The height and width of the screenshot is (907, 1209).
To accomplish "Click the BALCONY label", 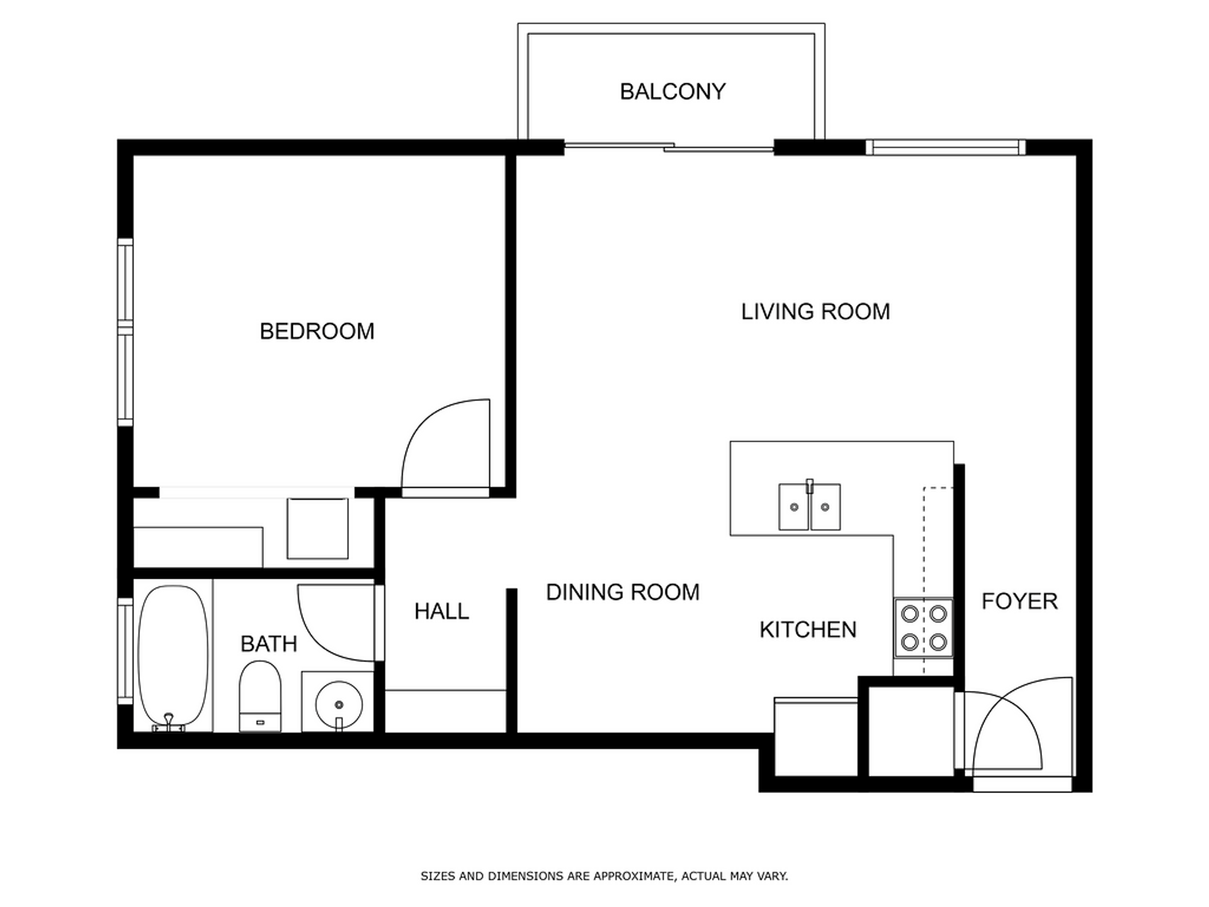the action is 673,92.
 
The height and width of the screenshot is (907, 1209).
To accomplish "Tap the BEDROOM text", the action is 317,331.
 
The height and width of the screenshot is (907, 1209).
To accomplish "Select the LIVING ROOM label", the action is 815,312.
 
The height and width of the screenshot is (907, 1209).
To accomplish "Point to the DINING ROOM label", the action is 623,592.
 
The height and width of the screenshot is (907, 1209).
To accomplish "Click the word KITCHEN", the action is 808,630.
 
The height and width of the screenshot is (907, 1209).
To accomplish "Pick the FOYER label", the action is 1019,602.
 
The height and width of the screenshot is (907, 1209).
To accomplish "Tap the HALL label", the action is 441,611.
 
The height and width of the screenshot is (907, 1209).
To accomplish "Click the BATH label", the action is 269,644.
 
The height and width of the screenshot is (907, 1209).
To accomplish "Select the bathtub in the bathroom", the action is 173,658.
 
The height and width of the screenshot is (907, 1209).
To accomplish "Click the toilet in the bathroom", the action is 260,696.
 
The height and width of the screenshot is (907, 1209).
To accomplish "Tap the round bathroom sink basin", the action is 339,704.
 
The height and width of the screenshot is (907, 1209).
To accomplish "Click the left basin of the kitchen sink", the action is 793,507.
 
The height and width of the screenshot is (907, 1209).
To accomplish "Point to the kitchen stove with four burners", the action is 924,628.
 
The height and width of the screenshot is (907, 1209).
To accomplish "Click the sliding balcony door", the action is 669,147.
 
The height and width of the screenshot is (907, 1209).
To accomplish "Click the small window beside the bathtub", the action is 125,651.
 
